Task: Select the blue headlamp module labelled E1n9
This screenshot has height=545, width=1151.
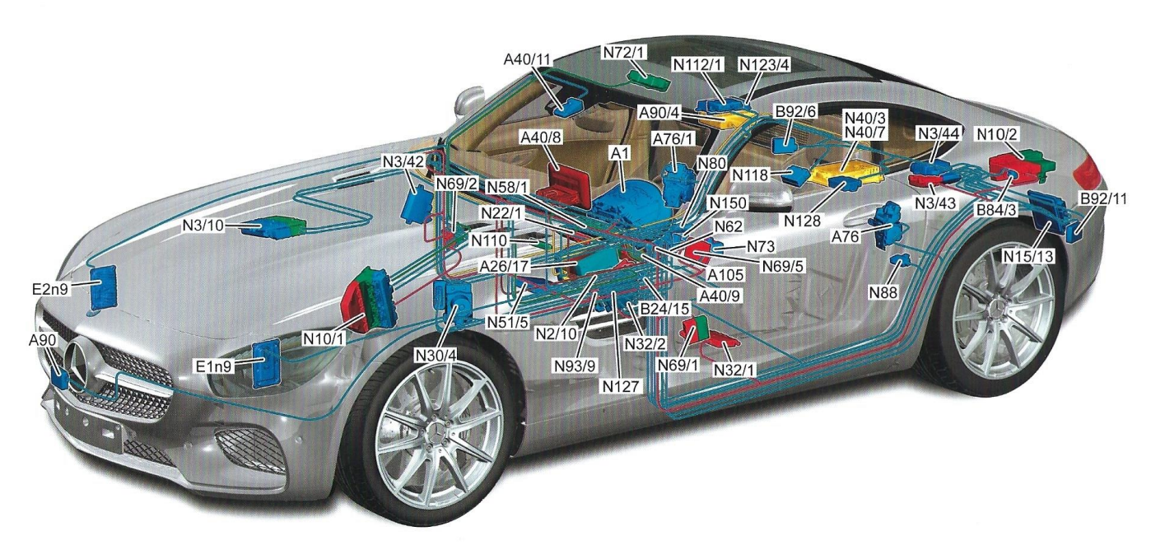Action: click(x=268, y=361)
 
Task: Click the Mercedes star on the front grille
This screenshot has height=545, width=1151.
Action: click(x=81, y=362)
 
